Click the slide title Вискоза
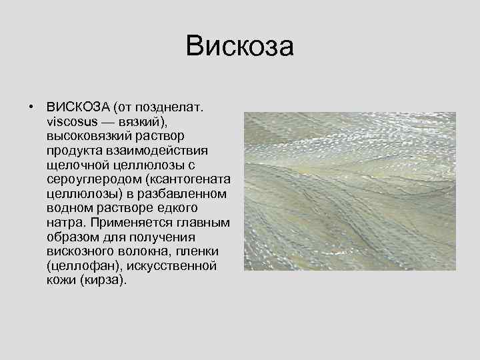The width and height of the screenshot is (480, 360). [240, 47]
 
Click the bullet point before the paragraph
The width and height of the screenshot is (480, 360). [31, 107]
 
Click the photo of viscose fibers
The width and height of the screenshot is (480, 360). [349, 191]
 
